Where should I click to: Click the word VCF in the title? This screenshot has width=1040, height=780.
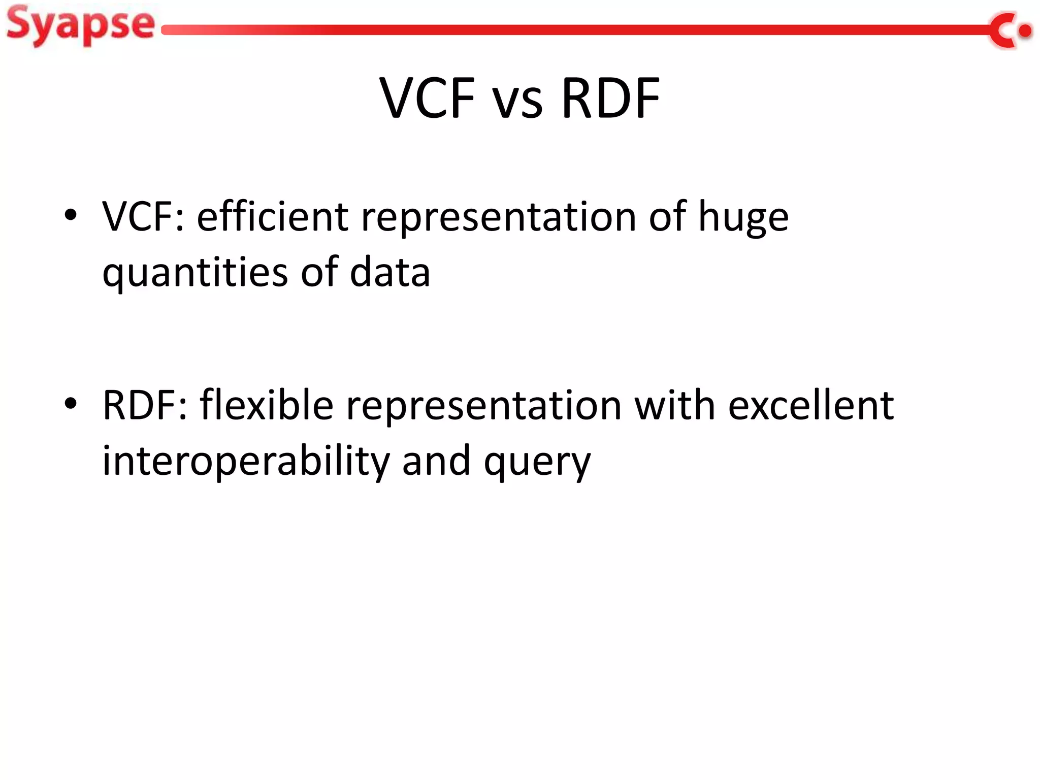pos(428,98)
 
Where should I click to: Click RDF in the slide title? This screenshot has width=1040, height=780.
pos(610,98)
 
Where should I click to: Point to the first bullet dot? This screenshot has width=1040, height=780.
pos(71,215)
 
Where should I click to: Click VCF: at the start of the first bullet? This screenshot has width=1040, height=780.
pos(143,217)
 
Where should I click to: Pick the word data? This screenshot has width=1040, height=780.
pos(389,273)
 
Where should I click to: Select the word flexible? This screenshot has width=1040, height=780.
pos(266,406)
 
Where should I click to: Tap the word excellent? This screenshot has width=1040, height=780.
pos(810,406)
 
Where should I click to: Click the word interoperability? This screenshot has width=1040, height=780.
pos(246,462)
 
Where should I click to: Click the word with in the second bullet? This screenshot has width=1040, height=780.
pos(674,406)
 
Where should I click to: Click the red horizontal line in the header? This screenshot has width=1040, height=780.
pos(559,30)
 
